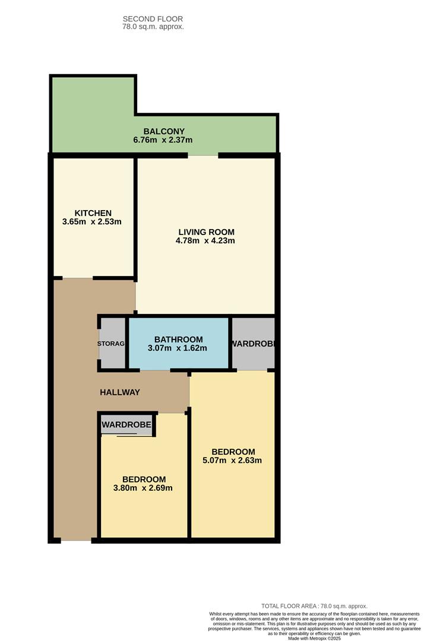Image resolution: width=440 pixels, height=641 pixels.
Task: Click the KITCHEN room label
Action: (93, 213)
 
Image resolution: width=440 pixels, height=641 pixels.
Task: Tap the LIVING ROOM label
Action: (207, 232)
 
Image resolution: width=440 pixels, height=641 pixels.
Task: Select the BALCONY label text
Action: (164, 131)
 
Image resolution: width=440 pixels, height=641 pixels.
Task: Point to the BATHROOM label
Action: (178, 339)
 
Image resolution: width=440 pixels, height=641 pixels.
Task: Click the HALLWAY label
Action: (120, 392)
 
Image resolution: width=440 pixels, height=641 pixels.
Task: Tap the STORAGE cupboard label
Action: (111, 344)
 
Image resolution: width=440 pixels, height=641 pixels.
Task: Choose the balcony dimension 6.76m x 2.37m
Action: (163, 140)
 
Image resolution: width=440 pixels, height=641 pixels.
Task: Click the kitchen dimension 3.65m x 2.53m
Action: (92, 221)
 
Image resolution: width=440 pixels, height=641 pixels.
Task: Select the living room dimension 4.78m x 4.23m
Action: (205, 240)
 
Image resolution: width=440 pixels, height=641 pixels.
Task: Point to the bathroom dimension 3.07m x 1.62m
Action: (178, 348)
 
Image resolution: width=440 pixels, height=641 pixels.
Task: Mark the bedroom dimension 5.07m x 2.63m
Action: (232, 461)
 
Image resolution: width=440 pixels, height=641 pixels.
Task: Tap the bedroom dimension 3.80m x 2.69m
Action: (143, 488)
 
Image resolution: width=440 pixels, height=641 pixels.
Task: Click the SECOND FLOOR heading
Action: (153, 19)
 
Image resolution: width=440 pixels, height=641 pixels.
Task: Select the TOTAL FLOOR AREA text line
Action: (315, 606)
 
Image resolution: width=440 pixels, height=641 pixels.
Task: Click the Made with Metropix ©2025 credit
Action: (315, 638)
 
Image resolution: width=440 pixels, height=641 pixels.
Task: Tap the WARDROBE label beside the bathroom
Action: (252, 344)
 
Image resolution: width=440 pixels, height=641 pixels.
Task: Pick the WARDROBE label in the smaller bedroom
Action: (126, 425)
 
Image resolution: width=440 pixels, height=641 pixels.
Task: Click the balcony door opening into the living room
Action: (203, 156)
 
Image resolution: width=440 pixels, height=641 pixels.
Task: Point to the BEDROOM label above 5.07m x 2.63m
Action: (233, 452)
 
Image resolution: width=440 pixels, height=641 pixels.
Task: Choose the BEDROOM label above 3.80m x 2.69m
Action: (144, 479)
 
